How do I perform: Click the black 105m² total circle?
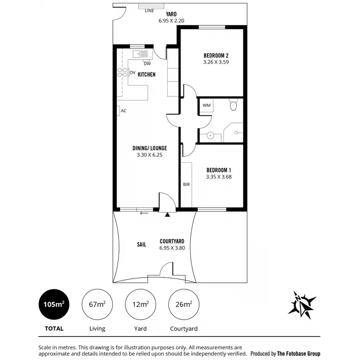(x=54, y=305)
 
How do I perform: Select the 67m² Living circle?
(x=97, y=305)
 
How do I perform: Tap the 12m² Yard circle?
(x=140, y=305)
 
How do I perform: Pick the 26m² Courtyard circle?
(x=184, y=305)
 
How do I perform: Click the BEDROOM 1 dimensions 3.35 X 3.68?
(x=219, y=177)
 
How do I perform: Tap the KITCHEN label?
(x=146, y=74)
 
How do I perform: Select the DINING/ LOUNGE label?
(x=150, y=148)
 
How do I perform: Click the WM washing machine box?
(x=206, y=105)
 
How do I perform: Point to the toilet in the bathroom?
(x=233, y=104)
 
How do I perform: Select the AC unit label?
(x=123, y=111)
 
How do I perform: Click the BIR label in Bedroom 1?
(x=186, y=184)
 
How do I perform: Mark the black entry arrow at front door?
(x=167, y=215)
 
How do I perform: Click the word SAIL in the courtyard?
(x=142, y=244)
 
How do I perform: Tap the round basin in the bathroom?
(x=210, y=136)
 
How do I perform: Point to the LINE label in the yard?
(x=149, y=10)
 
